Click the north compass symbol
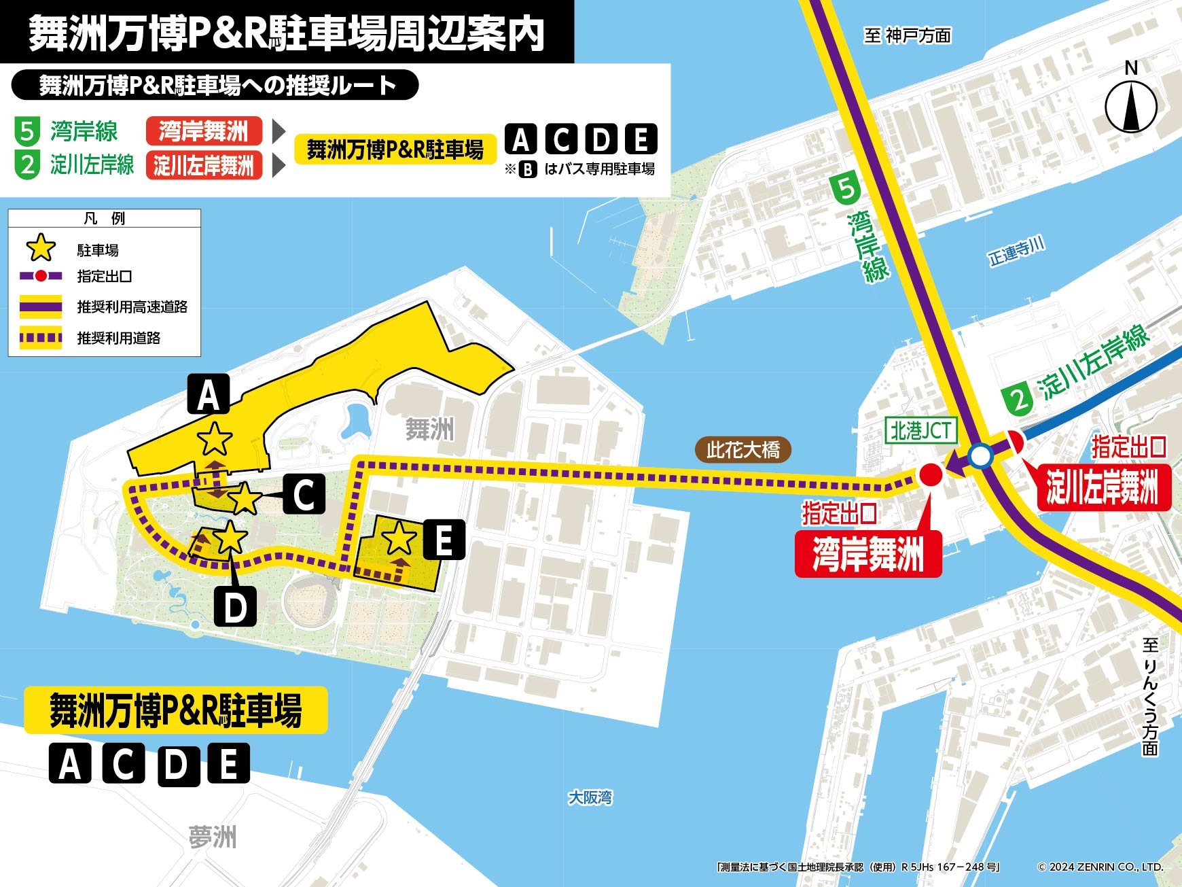[x=1131, y=106]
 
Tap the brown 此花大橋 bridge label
[x=743, y=449]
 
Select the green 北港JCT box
[x=920, y=430]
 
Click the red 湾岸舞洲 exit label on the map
[x=868, y=555]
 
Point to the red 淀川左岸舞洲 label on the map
[x=1103, y=487]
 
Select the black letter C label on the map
[x=304, y=494]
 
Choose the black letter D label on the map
[x=235, y=607]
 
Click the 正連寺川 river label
[x=1016, y=251]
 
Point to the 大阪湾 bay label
[x=590, y=797]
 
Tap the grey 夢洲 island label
[x=213, y=837]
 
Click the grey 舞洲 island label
[x=429, y=430]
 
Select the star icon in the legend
[x=41, y=248]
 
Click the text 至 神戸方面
[x=908, y=35]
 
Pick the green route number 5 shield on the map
[x=846, y=188]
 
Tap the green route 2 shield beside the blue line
[x=1018, y=399]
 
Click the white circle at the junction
[x=980, y=456]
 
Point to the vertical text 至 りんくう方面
[x=1149, y=697]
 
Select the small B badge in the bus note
[x=528, y=169]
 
